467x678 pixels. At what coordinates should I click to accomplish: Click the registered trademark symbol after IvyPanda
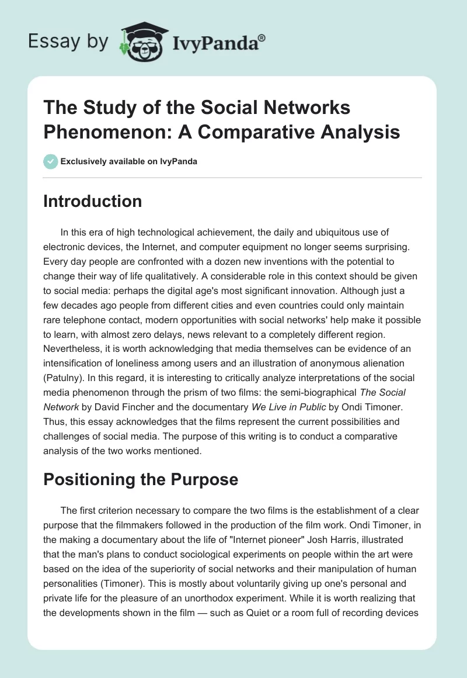pyautogui.click(x=262, y=37)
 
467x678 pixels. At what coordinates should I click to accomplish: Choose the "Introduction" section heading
pyautogui.click(x=93, y=201)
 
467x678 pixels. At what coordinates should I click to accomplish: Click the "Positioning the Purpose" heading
pyautogui.click(x=141, y=479)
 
